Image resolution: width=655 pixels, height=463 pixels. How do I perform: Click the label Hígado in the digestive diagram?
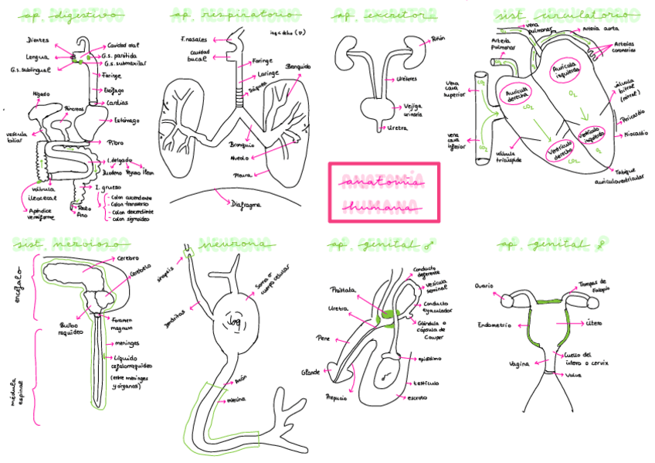click(41, 94)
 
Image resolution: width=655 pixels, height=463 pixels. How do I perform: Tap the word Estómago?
click(127, 120)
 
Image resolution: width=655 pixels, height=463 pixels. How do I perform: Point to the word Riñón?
click(438, 37)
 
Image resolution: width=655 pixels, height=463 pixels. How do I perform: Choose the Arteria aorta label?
click(602, 29)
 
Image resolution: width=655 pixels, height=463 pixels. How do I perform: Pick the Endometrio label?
click(495, 325)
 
